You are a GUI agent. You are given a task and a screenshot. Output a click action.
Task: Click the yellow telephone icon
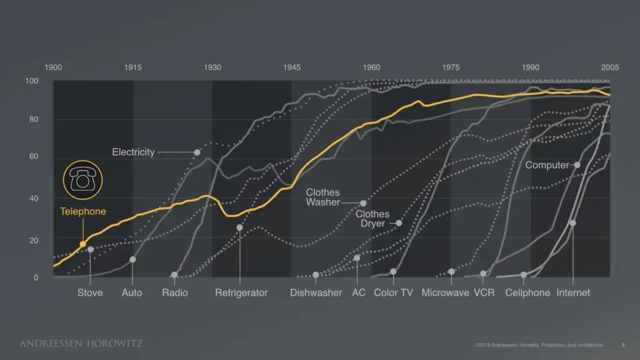click(82, 179)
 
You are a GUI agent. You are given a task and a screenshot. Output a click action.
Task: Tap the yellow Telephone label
click(83, 211)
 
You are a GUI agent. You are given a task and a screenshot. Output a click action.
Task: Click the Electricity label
click(133, 152)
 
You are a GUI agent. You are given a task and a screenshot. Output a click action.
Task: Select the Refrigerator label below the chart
click(241, 292)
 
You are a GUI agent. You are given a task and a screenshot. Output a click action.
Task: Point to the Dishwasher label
click(316, 292)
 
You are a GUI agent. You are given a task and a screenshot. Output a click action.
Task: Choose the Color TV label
click(393, 292)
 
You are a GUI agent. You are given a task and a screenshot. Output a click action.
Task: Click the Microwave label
click(445, 292)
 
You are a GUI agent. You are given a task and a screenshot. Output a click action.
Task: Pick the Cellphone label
click(527, 292)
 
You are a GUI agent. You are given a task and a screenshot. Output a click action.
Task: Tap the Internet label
click(573, 292)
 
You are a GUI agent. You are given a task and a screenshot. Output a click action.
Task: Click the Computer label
click(547, 166)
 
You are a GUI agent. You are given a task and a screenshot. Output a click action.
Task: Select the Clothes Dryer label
click(372, 219)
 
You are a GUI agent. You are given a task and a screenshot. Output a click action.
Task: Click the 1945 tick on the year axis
click(291, 67)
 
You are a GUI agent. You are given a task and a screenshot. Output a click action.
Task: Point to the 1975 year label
click(451, 67)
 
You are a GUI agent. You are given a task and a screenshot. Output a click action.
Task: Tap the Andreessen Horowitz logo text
click(81, 343)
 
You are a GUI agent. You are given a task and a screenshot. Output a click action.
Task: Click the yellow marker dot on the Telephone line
click(82, 244)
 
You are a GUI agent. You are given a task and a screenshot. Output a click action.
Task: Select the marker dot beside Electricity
click(197, 152)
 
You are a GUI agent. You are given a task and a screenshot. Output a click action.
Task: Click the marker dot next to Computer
click(577, 165)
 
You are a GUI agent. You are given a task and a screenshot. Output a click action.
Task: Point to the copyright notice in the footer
click(539, 344)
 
